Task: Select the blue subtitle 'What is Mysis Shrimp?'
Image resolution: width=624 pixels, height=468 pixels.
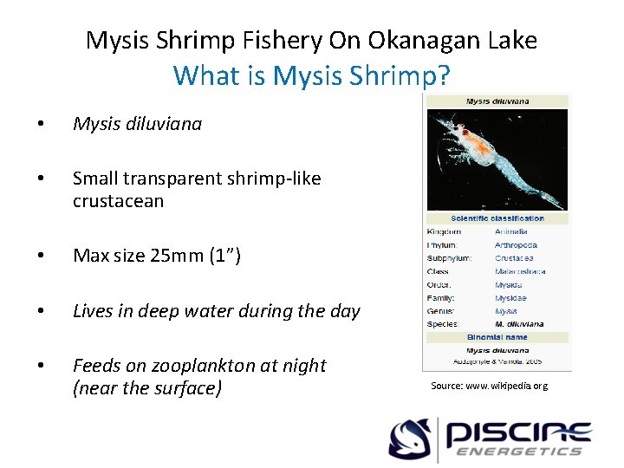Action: (x=311, y=75)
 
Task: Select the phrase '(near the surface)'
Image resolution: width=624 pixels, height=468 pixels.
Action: (x=147, y=388)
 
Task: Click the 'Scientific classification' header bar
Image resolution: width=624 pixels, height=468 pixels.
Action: (x=497, y=218)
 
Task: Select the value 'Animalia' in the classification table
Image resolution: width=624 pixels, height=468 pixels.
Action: (x=510, y=231)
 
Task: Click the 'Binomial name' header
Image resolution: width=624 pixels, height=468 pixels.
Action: (x=497, y=337)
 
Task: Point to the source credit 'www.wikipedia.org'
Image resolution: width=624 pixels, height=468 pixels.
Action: (x=507, y=386)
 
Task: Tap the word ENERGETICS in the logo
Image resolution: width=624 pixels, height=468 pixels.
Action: (x=519, y=452)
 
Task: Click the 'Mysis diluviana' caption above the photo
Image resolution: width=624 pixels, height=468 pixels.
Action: (x=497, y=101)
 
